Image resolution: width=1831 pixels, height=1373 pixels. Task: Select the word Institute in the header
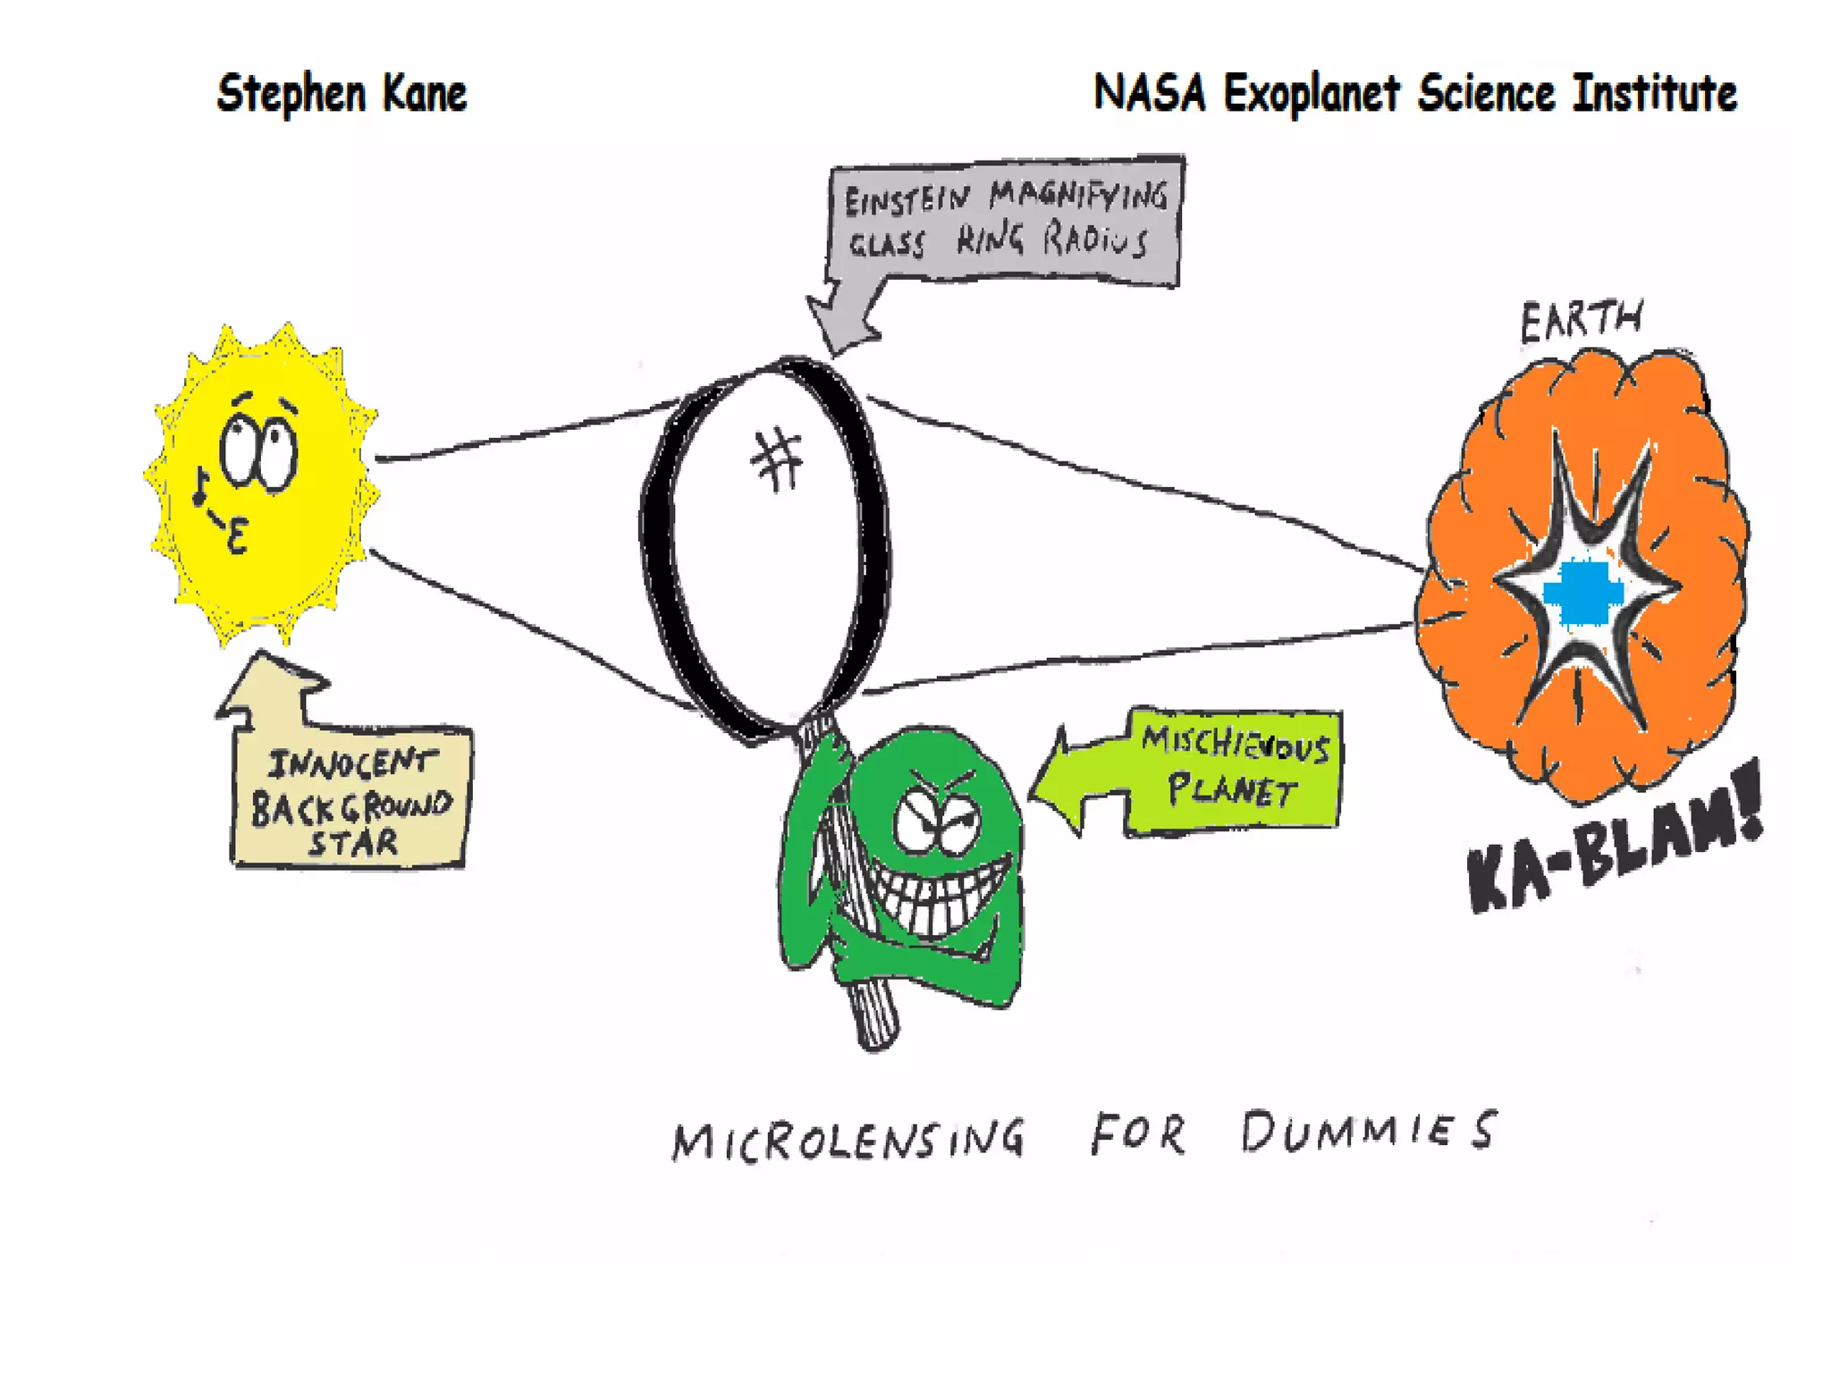point(1654,93)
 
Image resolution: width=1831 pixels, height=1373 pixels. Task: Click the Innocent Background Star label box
point(350,800)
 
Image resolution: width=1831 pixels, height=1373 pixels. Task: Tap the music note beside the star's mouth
point(201,487)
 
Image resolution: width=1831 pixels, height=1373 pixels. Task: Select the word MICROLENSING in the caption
point(848,1138)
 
